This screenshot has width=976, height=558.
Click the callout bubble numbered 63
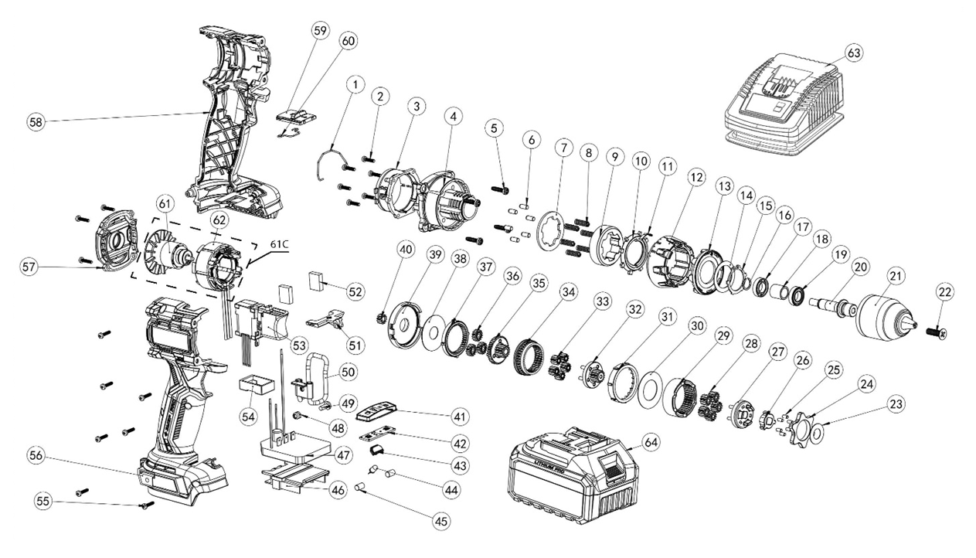point(853,53)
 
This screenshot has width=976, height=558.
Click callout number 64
point(651,442)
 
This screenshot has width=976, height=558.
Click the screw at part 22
point(937,332)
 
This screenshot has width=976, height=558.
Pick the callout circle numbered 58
point(35,121)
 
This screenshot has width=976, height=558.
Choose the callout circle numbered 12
point(696,177)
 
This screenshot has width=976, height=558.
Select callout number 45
point(440,521)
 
